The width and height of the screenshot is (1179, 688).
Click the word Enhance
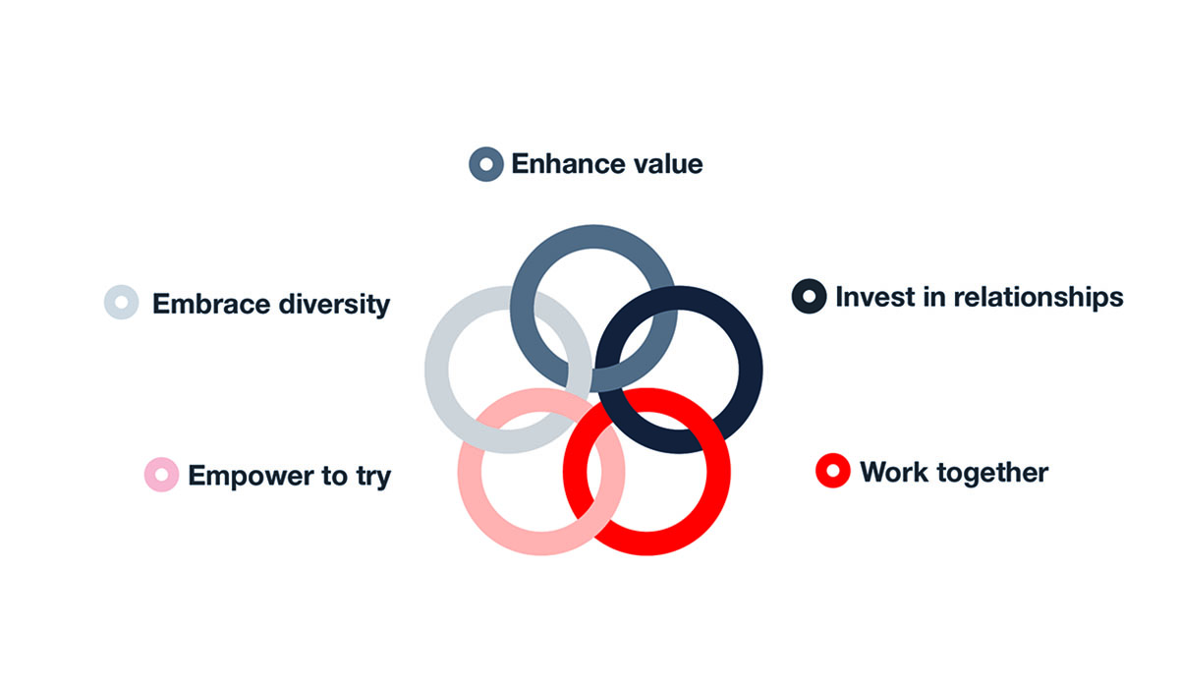point(568,164)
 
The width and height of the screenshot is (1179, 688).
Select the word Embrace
point(210,304)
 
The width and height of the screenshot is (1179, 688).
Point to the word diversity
point(334,306)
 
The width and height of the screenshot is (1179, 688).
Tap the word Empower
point(251,477)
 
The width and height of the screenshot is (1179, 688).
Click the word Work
point(894,472)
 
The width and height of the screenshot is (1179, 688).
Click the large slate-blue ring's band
point(593,236)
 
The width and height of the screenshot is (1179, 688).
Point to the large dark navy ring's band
point(751,370)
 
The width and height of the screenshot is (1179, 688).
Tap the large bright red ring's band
point(718,472)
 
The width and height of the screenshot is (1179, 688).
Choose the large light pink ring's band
point(470,472)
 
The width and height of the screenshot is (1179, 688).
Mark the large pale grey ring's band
point(436,370)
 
